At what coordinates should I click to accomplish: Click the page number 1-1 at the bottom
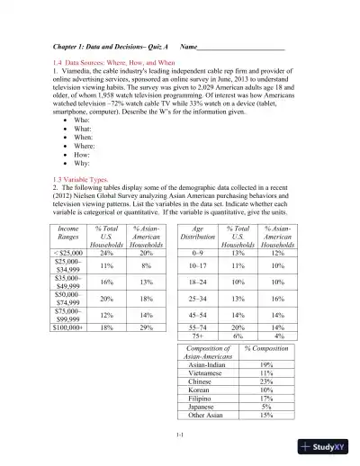pyautogui.click(x=181, y=435)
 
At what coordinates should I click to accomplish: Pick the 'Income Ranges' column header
pyautogui.click(x=68, y=237)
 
